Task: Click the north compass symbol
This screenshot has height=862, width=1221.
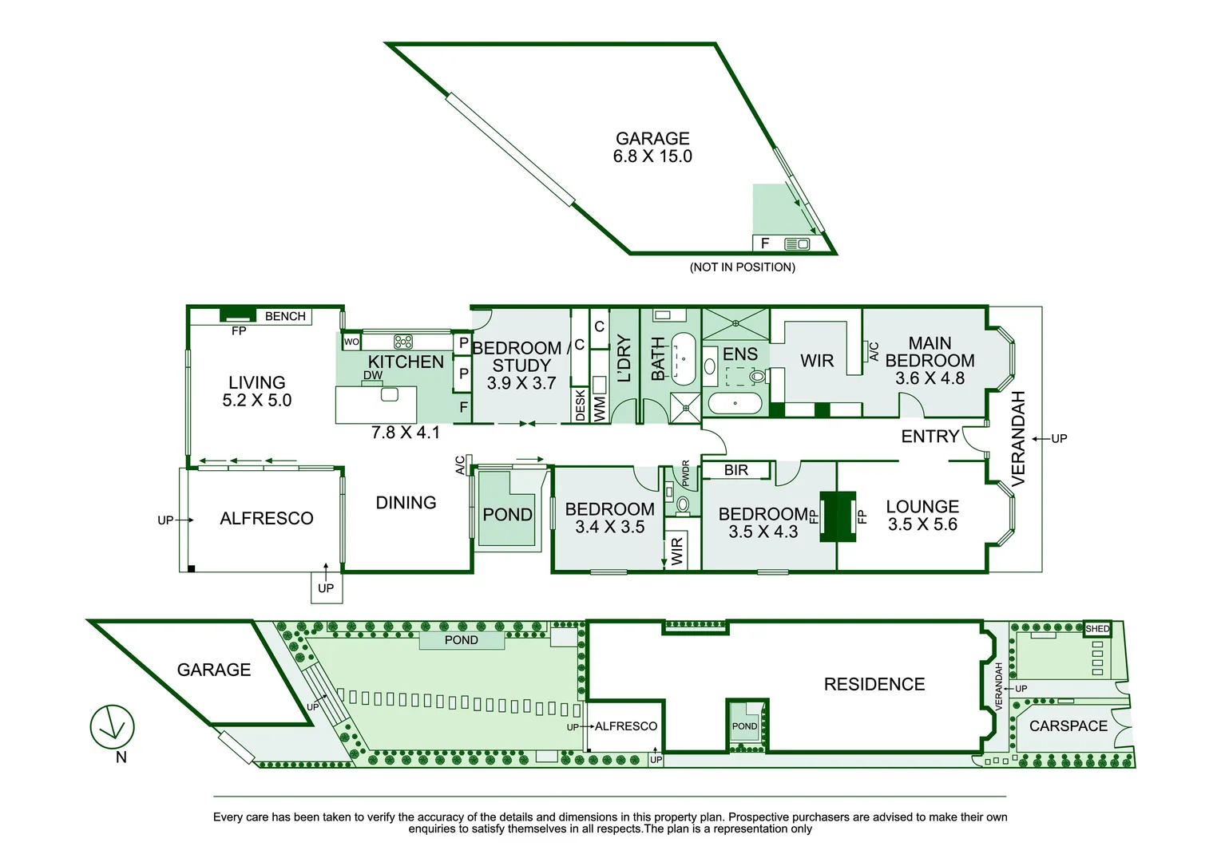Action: (112, 727)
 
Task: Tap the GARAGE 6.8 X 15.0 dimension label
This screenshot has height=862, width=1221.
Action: (652, 148)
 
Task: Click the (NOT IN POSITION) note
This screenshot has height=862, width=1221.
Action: (742, 267)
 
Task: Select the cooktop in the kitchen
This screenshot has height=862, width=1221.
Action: (403, 342)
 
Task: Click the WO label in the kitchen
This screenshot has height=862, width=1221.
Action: (351, 342)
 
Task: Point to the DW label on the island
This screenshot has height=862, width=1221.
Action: (373, 375)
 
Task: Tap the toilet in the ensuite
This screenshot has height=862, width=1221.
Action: (755, 375)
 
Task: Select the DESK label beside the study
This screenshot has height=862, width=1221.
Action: (581, 405)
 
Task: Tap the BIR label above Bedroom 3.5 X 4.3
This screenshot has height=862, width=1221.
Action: (736, 470)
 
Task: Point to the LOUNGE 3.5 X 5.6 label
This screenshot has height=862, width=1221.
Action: (922, 515)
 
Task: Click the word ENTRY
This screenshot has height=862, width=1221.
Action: (930, 436)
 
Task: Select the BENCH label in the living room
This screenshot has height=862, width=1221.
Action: (285, 316)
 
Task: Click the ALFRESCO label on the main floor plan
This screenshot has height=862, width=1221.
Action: (267, 519)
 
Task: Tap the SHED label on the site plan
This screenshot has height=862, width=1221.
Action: (1097, 629)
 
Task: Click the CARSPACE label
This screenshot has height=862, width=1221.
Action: (1068, 726)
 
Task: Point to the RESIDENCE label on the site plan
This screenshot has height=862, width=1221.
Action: (874, 684)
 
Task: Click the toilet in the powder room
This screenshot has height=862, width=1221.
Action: (683, 504)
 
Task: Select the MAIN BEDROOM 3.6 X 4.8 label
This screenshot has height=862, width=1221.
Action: (930, 360)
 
